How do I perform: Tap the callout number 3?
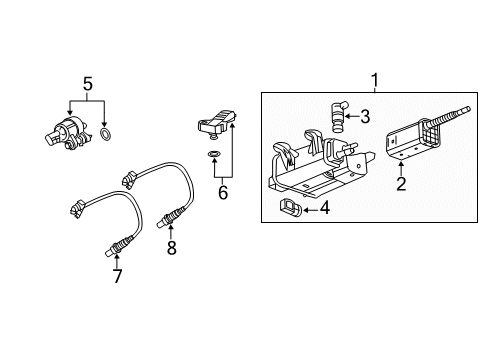click(366, 117)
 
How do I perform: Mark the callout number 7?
click(118, 276)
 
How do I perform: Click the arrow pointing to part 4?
click(311, 208)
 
